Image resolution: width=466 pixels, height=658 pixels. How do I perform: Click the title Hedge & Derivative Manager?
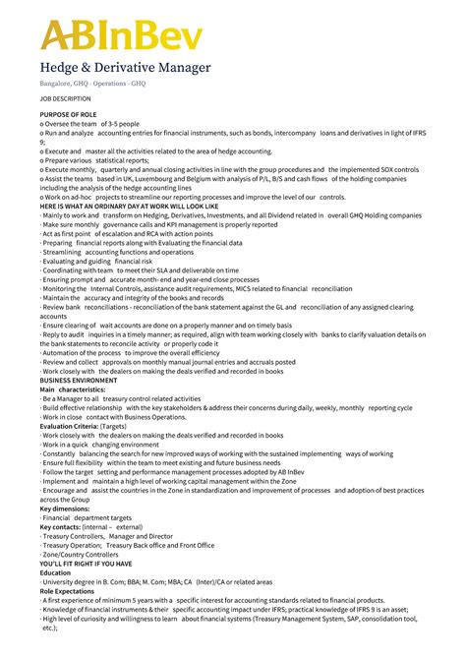[x=125, y=68]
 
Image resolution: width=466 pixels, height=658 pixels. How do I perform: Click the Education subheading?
[x=55, y=571]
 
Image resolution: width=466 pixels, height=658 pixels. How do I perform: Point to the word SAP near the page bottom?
[x=346, y=618]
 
